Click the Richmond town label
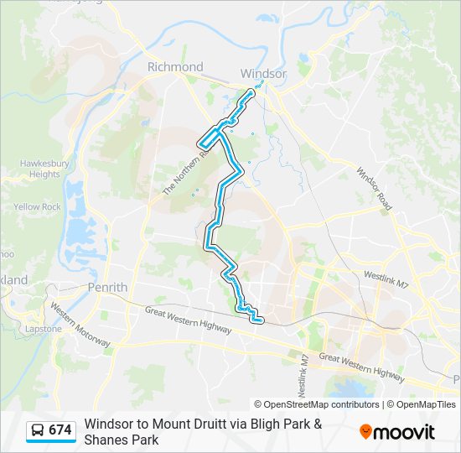click(x=174, y=67)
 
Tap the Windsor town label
click(x=263, y=73)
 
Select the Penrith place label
click(x=107, y=287)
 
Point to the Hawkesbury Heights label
click(x=39, y=169)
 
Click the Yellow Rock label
click(x=37, y=206)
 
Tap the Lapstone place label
click(x=44, y=329)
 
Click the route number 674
click(x=60, y=430)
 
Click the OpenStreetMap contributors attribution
click(x=317, y=404)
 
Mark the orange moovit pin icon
click(x=366, y=432)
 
